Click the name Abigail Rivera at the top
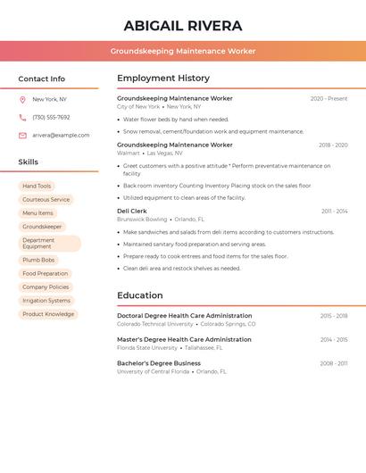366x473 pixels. click(183, 26)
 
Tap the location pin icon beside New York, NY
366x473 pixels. click(22, 100)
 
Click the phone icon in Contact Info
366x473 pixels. click(22, 118)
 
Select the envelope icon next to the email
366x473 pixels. click(22, 136)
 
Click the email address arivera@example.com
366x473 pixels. click(61, 136)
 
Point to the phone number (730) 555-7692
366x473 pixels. click(51, 118)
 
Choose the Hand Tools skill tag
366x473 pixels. click(37, 187)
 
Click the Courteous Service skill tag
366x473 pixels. click(46, 200)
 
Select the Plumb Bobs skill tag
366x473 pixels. click(38, 260)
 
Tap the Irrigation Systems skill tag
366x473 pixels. click(46, 301)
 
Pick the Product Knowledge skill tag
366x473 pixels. click(48, 314)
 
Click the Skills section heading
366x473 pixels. click(29, 162)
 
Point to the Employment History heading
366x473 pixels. click(163, 79)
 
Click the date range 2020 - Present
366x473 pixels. click(329, 99)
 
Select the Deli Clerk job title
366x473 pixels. click(132, 212)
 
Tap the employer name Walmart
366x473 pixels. click(129, 153)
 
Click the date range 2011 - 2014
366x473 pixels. click(334, 212)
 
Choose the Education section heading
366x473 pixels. click(140, 295)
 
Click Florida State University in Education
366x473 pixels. click(147, 347)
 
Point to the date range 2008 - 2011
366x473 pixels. click(334, 363)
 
